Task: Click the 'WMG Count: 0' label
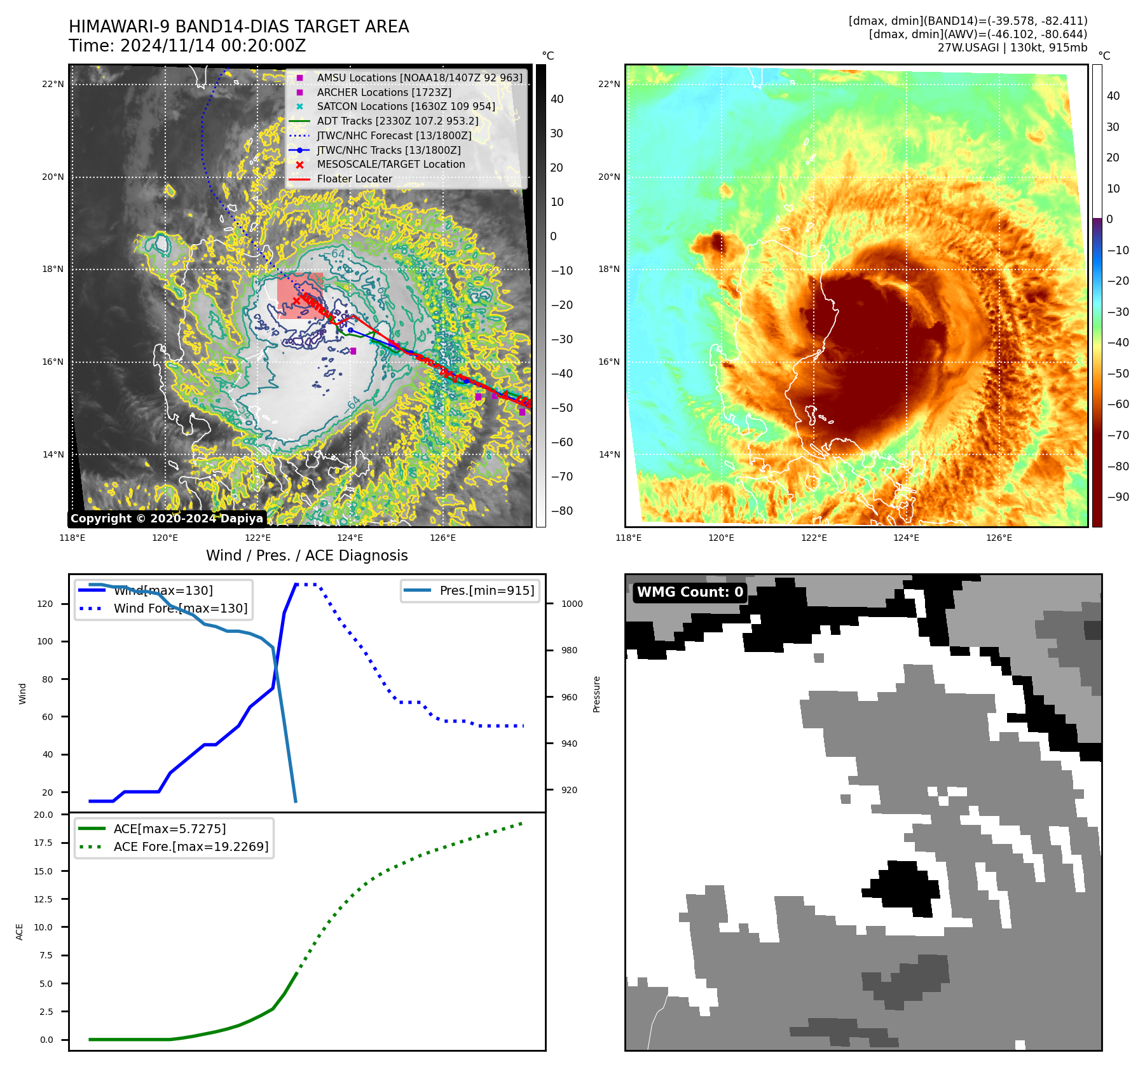pos(690,592)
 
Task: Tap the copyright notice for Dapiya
pos(167,519)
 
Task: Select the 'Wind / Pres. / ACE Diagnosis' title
pos(307,555)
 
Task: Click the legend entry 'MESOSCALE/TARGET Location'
pos(390,165)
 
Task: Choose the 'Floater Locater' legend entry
pos(354,179)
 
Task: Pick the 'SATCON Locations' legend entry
pos(406,107)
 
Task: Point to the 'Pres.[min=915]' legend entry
pos(486,590)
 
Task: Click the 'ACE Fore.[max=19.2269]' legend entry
pos(191,846)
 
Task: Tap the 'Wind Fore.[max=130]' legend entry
pos(181,608)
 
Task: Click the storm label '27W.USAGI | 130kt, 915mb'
pos(1012,48)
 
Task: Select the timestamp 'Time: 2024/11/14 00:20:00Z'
pos(188,46)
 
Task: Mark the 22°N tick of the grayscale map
pos(53,84)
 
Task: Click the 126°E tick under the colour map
pos(999,538)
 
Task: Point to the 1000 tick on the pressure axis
pos(572,604)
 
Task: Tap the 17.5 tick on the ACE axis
pos(43,843)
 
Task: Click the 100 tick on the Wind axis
pos(45,641)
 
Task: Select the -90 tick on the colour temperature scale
pos(1118,497)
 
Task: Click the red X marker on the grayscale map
pos(296,301)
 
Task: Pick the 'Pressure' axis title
pos(596,694)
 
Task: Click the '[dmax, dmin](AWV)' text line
pos(978,34)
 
